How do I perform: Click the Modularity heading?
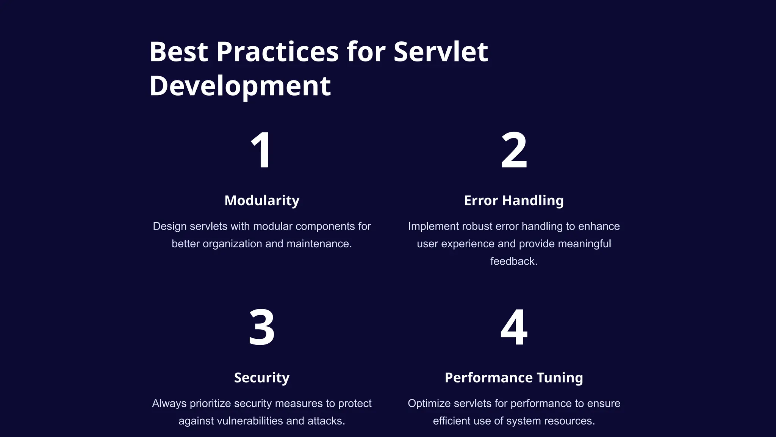coord(262,200)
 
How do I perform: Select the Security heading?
coord(262,377)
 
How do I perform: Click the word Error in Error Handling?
coord(481,200)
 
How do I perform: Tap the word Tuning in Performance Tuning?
coord(560,377)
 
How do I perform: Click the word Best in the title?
coord(178,52)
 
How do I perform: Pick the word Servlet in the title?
coord(441,52)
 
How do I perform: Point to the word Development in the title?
coord(240,86)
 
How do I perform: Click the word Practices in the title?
coord(277,52)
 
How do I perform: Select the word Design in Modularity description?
coord(169,226)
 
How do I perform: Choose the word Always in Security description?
coord(169,404)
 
